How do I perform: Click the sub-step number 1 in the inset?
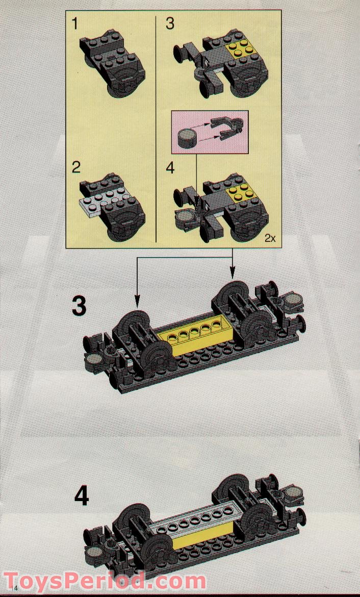tap(75, 24)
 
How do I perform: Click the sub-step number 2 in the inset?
tap(76, 167)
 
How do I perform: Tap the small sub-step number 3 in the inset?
tap(170, 24)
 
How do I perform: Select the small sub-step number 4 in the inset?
tap(170, 167)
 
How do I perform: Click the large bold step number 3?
tap(79, 307)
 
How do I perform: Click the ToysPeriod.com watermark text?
tap(105, 581)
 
